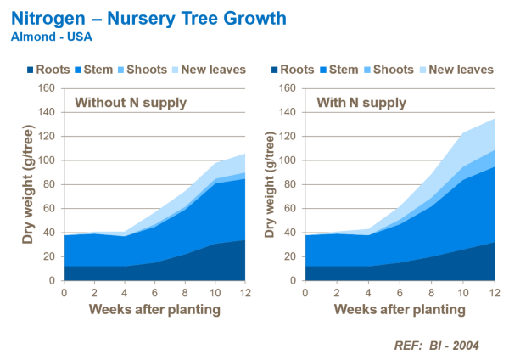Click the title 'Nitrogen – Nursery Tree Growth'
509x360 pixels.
click(x=148, y=18)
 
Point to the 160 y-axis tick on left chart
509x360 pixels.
click(x=48, y=87)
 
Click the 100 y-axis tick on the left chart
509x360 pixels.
click(x=48, y=160)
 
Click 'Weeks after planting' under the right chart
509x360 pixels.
click(x=400, y=310)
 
